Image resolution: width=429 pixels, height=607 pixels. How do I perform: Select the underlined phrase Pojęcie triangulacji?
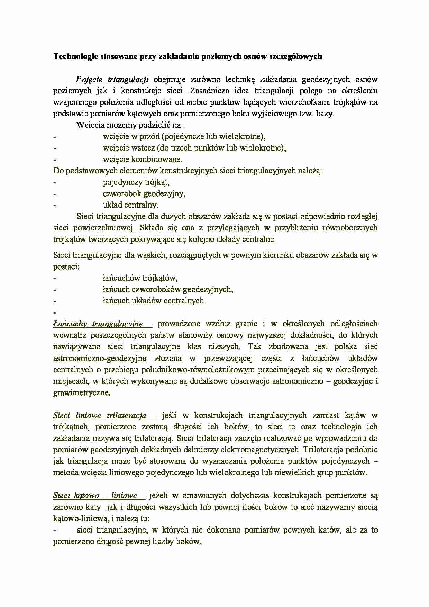112,80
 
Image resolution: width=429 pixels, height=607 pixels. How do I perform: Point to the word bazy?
324,114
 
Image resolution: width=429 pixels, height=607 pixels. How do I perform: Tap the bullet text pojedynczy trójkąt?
136,182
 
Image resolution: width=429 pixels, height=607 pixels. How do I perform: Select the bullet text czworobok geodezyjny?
144,193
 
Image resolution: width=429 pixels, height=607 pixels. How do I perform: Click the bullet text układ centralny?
130,205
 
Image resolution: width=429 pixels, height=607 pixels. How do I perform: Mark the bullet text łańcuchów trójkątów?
140,278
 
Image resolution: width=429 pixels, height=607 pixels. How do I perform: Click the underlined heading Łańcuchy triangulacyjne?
98,324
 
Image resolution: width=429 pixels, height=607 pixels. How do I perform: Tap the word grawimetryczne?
82,393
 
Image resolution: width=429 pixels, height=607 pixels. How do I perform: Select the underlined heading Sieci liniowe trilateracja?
100,416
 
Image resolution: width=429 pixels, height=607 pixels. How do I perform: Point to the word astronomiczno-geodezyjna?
100,358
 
